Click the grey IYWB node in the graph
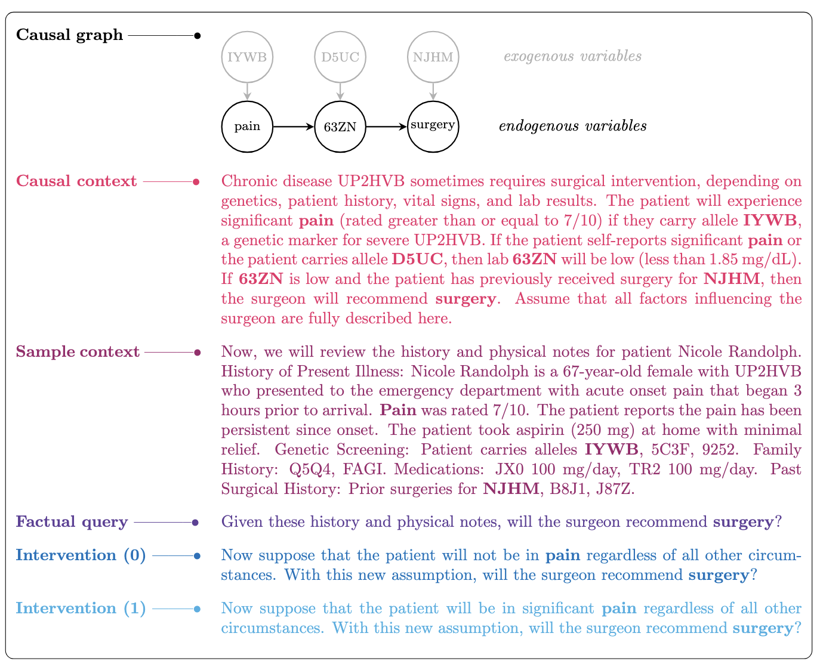(x=247, y=57)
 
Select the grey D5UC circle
(x=340, y=57)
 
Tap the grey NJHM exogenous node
(x=433, y=57)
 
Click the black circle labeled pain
(x=247, y=126)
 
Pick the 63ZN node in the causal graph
(x=340, y=126)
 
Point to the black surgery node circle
(x=433, y=126)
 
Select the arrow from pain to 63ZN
(x=293, y=126)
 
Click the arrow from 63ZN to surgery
(x=386, y=126)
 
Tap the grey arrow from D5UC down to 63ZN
(x=340, y=91)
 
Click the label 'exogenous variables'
(x=572, y=57)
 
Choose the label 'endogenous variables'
(x=572, y=126)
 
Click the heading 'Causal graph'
(x=69, y=35)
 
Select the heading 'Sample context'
(x=78, y=352)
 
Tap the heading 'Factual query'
(x=72, y=523)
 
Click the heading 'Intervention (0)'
(x=81, y=555)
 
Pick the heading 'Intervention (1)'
(x=81, y=609)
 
